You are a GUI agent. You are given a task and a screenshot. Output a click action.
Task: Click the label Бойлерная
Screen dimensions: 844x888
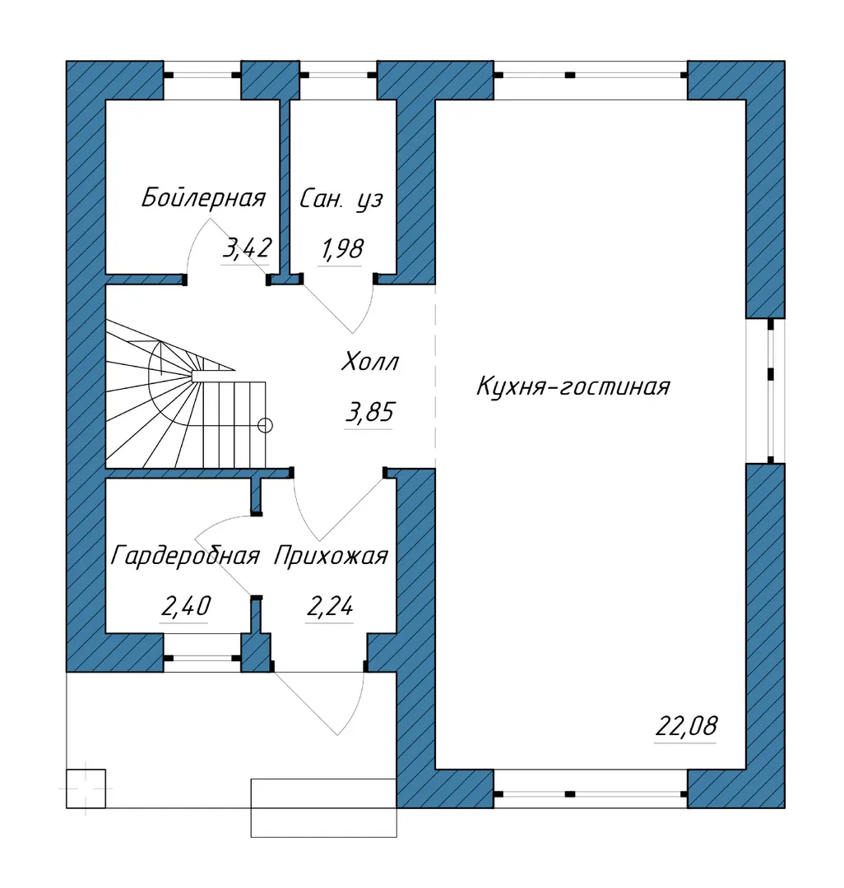pos(203,198)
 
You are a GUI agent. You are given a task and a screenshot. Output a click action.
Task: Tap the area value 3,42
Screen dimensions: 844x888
pos(247,248)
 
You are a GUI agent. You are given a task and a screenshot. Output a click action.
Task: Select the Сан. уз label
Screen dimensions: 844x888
pos(341,199)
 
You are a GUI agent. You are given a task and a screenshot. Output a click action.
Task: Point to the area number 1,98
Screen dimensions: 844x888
pos(341,249)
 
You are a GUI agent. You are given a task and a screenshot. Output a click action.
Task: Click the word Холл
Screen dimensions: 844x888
pos(370,361)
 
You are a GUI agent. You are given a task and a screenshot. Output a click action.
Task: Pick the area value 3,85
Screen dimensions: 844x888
pos(369,412)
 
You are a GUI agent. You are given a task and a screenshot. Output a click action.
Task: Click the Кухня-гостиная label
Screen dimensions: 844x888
pos(573,386)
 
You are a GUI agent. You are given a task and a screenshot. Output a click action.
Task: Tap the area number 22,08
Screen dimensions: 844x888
pos(686,726)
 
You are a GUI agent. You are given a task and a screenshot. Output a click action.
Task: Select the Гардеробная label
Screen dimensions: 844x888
pos(185,556)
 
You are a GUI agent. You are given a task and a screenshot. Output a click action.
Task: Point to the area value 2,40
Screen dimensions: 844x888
pos(186,606)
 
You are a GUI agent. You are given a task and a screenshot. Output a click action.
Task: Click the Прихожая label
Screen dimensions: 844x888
pos(332,556)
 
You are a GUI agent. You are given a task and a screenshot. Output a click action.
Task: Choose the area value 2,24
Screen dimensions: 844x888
pos(330,607)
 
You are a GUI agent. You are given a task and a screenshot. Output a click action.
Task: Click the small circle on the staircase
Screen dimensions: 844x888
pos(265,425)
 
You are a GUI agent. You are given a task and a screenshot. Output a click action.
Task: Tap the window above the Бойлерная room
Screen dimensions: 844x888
pos(202,75)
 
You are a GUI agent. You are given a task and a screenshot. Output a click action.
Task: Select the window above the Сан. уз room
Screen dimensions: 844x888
pos(338,75)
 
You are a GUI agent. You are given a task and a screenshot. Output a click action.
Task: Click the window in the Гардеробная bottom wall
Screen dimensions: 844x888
pos(202,658)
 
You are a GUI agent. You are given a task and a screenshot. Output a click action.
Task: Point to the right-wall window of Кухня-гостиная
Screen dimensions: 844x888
pos(770,391)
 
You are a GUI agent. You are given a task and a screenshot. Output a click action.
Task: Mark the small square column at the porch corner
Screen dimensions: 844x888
pos(86,789)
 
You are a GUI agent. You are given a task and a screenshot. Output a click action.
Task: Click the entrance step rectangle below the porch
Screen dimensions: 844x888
pos(323,808)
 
